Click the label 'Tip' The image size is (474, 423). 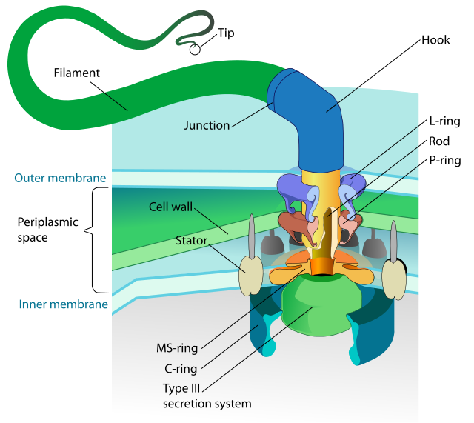[225, 34]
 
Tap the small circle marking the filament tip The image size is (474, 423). [194, 50]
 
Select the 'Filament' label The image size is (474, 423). [76, 73]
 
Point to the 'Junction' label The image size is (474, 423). [207, 125]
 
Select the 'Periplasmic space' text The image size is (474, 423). [43, 230]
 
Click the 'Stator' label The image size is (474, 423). [192, 241]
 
